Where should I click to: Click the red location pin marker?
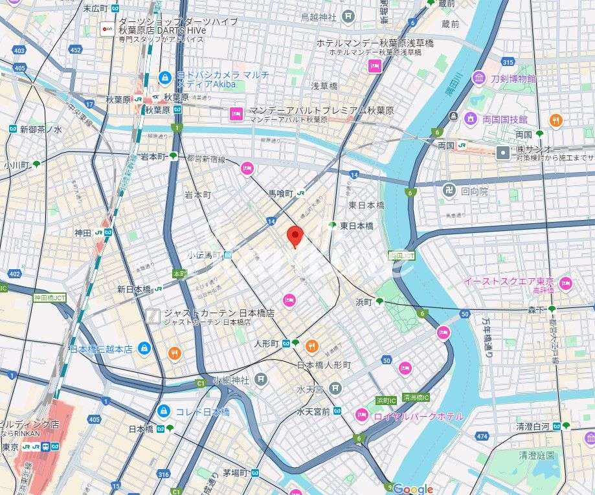click(x=295, y=237)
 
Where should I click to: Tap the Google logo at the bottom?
click(x=413, y=489)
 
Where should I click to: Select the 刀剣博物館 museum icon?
click(x=479, y=78)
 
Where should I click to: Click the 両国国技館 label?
click(x=505, y=120)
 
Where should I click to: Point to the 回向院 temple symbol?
click(x=446, y=192)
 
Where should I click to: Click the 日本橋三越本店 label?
click(x=101, y=349)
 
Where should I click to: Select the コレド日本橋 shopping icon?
click(x=164, y=412)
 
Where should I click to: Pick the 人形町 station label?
click(x=266, y=343)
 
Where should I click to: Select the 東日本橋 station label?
click(x=357, y=225)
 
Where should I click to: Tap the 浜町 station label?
click(x=364, y=302)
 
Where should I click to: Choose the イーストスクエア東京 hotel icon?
click(x=566, y=283)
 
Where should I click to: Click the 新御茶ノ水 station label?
click(x=41, y=129)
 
